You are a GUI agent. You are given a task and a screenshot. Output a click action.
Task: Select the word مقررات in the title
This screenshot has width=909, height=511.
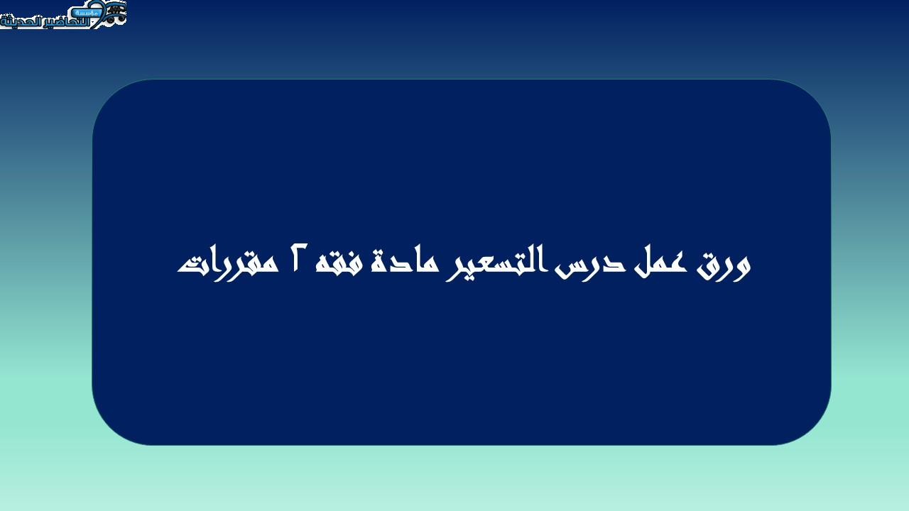click(228, 266)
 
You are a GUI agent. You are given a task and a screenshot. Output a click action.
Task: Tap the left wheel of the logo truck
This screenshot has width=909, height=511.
click(110, 18)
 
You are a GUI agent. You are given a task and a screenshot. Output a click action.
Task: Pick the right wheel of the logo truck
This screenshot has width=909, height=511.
click(121, 18)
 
